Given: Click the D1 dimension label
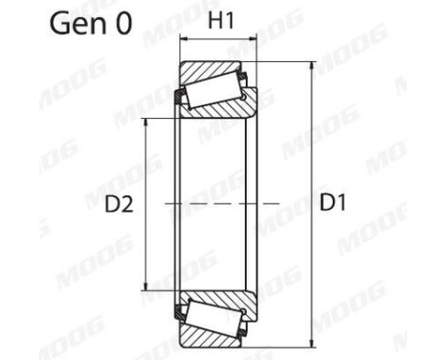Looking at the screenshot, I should tap(334, 203).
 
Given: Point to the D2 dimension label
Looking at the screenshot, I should tap(120, 203).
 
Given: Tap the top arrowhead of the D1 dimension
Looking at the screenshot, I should tap(312, 67).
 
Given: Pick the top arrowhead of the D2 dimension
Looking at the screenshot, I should tap(145, 124).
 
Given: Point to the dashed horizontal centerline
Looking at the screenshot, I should tap(220, 204).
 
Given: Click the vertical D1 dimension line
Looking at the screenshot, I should tap(312, 144).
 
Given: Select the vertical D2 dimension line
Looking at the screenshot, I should tap(145, 163).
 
